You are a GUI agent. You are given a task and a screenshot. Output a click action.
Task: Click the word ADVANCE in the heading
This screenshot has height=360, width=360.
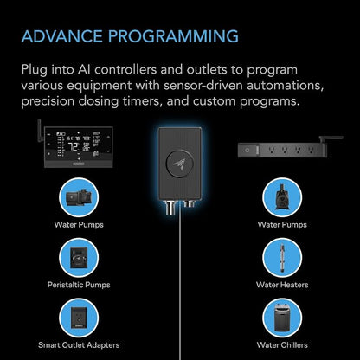62,36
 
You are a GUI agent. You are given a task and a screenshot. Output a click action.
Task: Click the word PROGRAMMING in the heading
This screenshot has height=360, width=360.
173,36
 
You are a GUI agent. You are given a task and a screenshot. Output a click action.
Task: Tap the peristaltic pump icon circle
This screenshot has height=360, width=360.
79,257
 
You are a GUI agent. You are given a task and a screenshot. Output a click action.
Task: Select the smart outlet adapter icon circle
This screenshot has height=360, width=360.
79,318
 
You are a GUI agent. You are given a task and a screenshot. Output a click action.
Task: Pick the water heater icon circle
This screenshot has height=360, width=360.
282,257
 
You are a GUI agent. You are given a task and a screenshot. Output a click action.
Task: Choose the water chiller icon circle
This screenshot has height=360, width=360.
282,318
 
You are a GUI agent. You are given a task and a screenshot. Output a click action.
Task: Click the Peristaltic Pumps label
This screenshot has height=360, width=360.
79,285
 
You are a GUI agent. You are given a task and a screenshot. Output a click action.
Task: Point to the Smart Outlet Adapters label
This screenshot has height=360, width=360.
79,345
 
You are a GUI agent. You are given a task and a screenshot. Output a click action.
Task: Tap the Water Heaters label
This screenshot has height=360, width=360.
282,285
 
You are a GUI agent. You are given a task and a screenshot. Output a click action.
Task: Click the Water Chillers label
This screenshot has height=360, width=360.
282,345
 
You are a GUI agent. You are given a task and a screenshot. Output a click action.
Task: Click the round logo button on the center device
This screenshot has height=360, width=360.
179,164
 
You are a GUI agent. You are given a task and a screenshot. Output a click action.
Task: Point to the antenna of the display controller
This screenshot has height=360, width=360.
40,131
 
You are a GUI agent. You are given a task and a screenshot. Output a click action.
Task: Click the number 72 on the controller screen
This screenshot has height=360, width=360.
73,147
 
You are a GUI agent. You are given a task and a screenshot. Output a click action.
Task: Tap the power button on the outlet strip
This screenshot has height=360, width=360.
247,151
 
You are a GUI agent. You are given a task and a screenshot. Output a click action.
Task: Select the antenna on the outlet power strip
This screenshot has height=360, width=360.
331,139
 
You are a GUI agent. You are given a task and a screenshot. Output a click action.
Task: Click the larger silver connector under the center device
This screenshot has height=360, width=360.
170,207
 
